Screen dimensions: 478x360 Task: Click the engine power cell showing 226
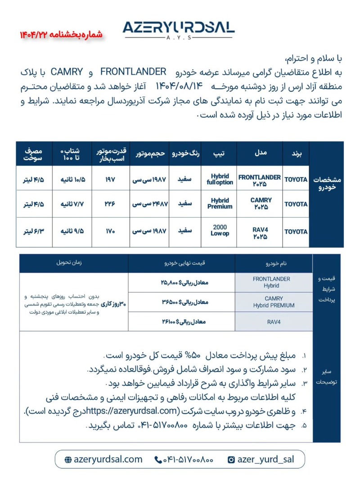pyautogui.click(x=110, y=204)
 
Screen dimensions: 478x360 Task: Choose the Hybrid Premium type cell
pyautogui.click(x=220, y=204)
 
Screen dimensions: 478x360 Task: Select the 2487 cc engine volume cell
pyautogui.click(x=149, y=204)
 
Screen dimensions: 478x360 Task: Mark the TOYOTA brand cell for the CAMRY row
pyautogui.click(x=296, y=204)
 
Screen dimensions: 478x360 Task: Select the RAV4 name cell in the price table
pyautogui.click(x=274, y=322)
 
